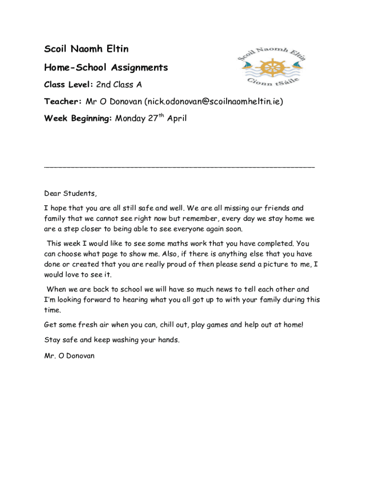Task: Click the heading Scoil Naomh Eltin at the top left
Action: pos(86,49)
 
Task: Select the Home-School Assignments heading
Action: pos(106,68)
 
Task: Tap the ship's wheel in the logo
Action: pos(272,67)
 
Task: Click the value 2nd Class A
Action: pos(119,85)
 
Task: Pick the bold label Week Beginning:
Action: pos(78,118)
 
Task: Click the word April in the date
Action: pos(176,118)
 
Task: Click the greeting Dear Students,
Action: pos(70,193)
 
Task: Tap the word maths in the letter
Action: pos(186,243)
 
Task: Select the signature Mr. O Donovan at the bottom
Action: pos(69,356)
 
